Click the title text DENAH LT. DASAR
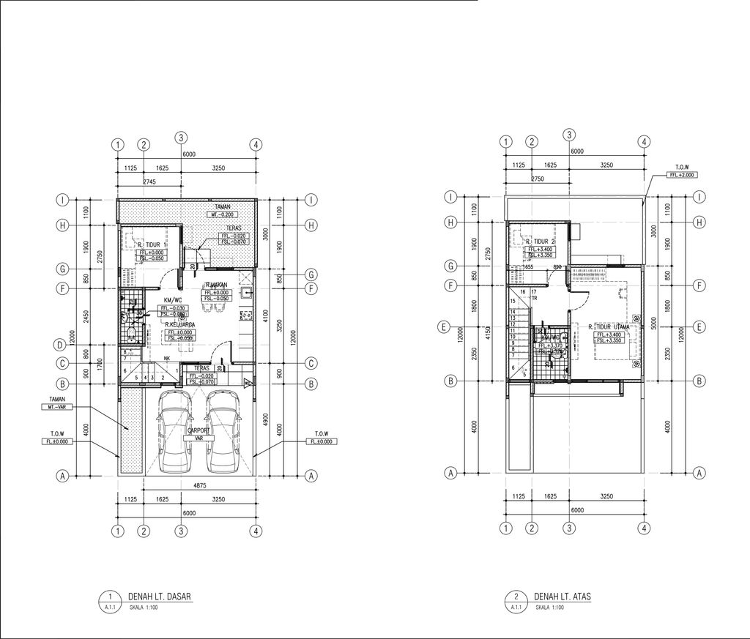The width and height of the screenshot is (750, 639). pos(159,597)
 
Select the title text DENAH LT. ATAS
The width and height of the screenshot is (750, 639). pos(562,597)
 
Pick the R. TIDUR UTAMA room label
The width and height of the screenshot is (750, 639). pos(609,327)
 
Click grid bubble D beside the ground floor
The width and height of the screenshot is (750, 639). pos(64,344)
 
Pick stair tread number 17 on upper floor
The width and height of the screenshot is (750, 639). pos(535,292)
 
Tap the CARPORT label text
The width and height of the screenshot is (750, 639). pos(198,430)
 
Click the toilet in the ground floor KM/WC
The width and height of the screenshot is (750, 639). pos(130,335)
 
